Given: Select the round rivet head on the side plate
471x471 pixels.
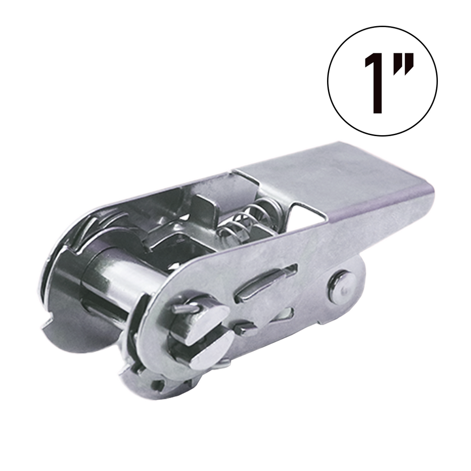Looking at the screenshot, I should coord(341,287).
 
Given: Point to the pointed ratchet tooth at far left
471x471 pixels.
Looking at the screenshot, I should coord(51,327).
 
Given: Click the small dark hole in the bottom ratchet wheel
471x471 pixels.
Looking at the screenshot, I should coord(158,385).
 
